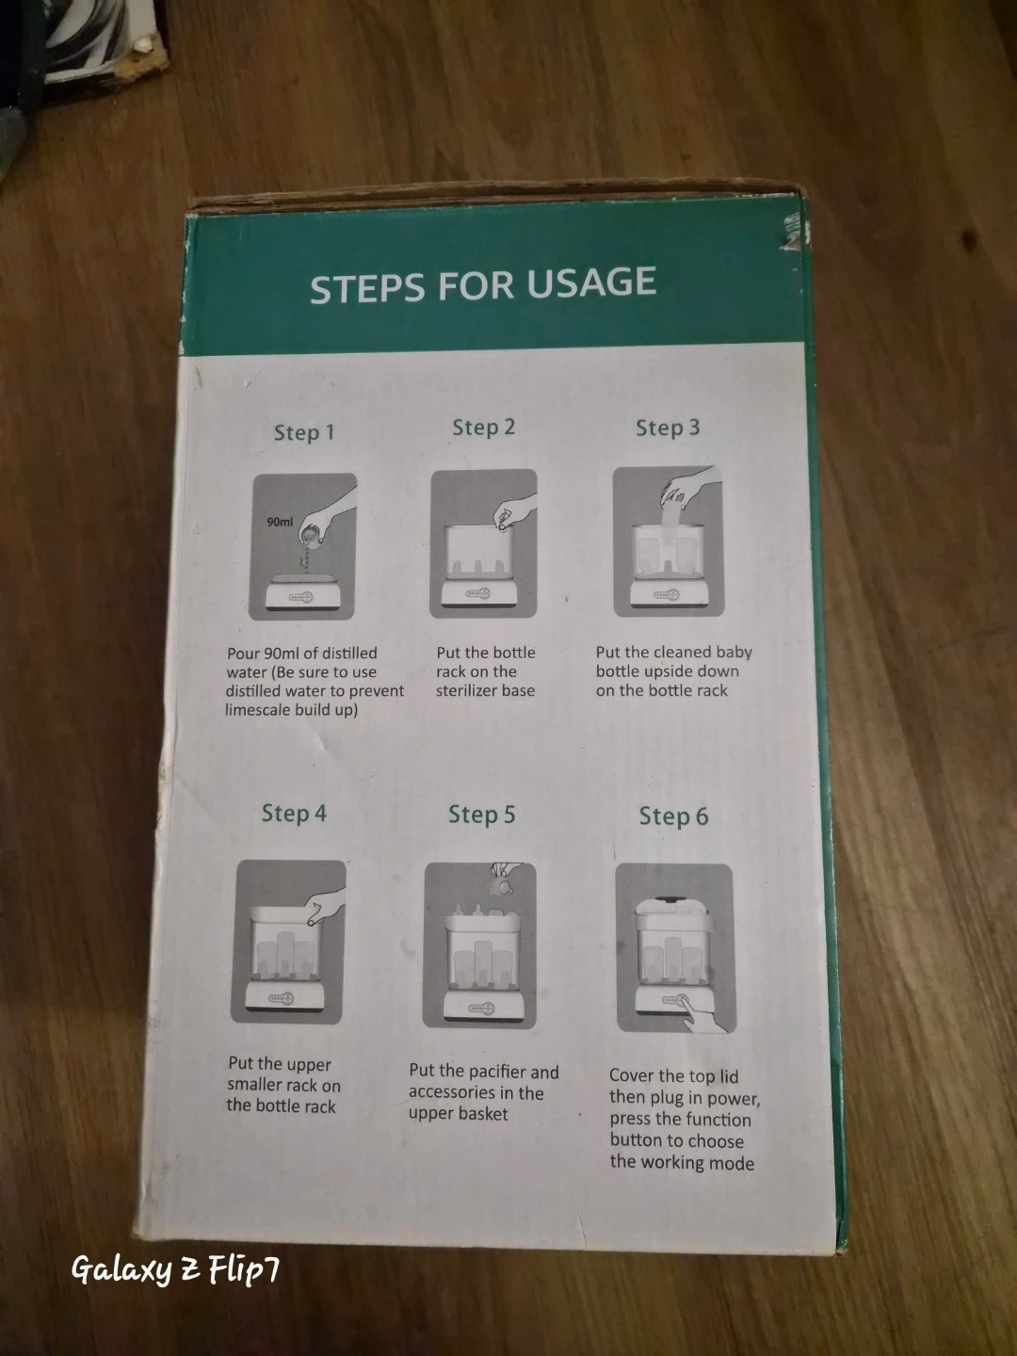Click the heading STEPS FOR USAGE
point(482,284)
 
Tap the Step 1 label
point(304,432)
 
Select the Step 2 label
point(483,428)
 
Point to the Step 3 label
point(669,428)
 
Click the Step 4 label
point(294,814)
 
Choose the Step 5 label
point(481,815)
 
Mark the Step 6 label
point(673,816)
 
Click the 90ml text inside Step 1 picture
point(280,522)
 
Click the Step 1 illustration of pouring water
point(302,547)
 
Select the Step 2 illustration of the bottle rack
point(483,543)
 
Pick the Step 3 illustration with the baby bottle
point(669,541)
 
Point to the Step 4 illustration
point(288,942)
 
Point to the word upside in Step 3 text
point(670,671)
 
